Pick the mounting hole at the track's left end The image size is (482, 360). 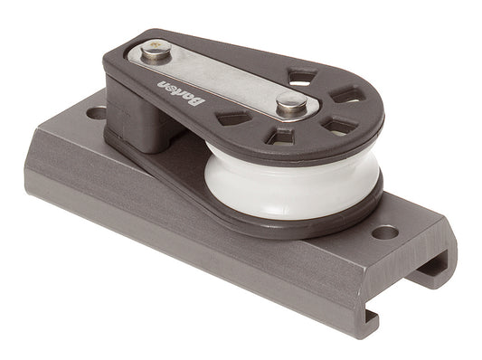94,115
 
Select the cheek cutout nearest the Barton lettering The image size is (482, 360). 234,118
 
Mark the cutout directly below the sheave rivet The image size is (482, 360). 282,137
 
